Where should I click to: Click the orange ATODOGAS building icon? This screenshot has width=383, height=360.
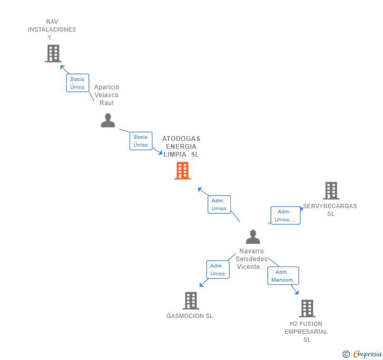[x=182, y=171]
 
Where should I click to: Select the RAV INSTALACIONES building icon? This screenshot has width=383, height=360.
[x=53, y=54]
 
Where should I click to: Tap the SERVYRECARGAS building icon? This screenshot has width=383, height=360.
[x=331, y=191]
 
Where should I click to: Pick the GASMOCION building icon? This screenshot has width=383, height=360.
[x=190, y=301]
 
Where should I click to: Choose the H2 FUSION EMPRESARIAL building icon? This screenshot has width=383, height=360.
[x=307, y=308]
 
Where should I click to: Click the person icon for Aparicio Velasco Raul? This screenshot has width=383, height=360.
[x=108, y=120]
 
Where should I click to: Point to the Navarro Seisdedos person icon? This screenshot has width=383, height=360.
[x=253, y=237]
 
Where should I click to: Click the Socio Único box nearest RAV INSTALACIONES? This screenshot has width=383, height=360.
[x=77, y=83]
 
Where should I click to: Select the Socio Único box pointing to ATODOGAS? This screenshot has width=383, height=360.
[x=140, y=141]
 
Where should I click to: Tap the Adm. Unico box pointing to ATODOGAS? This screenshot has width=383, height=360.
[x=219, y=204]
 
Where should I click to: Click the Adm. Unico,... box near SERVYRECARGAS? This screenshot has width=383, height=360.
[x=285, y=215]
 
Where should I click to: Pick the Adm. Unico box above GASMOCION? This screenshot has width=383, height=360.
[x=217, y=270]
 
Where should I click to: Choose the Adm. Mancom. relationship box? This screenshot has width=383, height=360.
[x=283, y=276]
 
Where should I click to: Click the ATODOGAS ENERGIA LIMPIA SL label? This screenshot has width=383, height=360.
[x=181, y=147]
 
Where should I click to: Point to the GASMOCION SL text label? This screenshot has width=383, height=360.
[x=189, y=316]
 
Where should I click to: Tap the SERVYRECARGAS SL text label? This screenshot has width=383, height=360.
[x=330, y=210]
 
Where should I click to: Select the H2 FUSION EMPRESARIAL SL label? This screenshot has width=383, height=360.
[x=306, y=332]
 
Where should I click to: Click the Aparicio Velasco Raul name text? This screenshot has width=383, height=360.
[x=106, y=95]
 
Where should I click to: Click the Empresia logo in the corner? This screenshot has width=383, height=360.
[x=362, y=354]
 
